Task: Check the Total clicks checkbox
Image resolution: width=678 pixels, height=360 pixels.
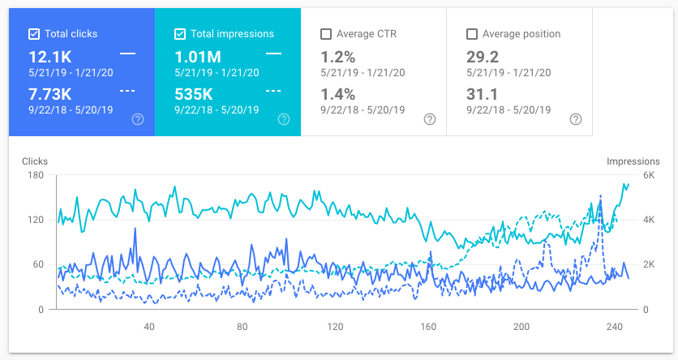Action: (x=34, y=34)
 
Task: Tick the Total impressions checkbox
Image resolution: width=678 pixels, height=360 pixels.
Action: (x=180, y=34)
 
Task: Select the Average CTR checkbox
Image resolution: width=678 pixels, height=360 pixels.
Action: (x=326, y=34)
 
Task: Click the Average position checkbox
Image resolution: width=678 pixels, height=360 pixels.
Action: (x=472, y=34)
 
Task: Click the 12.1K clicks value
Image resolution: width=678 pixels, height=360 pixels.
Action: (x=51, y=57)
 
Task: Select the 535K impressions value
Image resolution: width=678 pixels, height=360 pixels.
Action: (x=195, y=94)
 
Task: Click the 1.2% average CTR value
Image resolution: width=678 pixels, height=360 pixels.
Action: (x=338, y=57)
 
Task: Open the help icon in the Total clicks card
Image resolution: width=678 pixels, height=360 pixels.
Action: (x=138, y=119)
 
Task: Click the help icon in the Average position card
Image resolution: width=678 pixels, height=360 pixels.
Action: (x=575, y=119)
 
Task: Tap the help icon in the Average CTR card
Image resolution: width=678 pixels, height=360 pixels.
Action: (x=429, y=119)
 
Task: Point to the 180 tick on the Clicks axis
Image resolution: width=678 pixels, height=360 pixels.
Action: (x=36, y=175)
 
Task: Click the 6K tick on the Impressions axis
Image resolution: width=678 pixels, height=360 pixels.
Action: (x=626, y=175)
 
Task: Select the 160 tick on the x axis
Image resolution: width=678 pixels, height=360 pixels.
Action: (x=428, y=327)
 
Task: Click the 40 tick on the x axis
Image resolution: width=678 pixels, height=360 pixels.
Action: (x=149, y=327)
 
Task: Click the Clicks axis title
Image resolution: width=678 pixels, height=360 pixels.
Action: (x=35, y=161)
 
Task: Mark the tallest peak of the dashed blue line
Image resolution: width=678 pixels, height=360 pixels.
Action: (x=600, y=195)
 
